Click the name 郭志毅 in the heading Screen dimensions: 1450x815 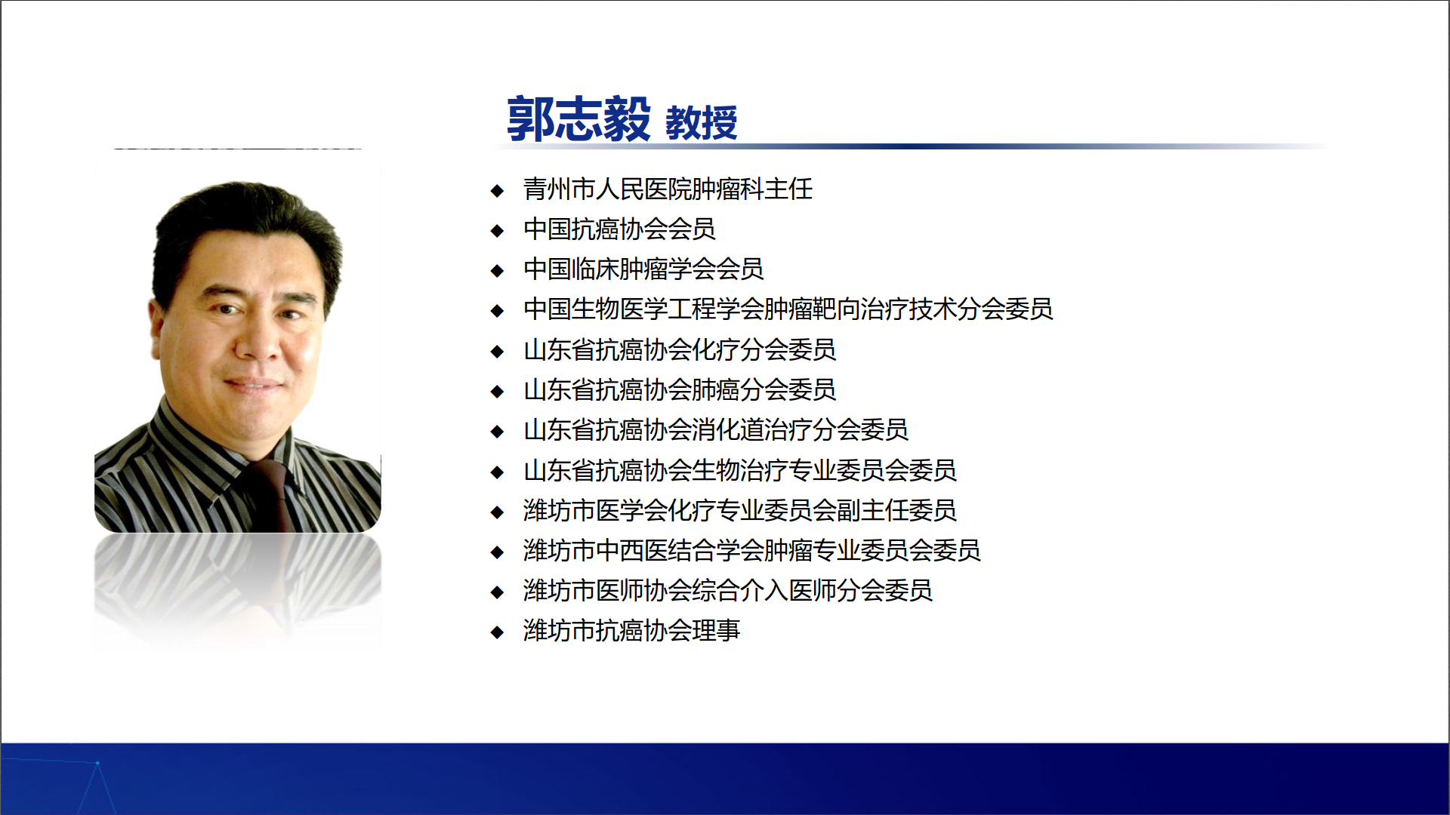click(x=578, y=118)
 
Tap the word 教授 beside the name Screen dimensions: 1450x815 click(x=701, y=123)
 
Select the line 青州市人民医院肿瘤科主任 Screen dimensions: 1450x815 click(x=668, y=189)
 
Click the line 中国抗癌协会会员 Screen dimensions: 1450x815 click(x=619, y=229)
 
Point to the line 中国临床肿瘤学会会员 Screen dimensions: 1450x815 click(x=643, y=269)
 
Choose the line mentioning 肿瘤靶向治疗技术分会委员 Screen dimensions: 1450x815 click(x=788, y=309)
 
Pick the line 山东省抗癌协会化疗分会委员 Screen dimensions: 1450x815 click(x=680, y=349)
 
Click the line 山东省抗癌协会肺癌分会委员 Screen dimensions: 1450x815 click(x=680, y=389)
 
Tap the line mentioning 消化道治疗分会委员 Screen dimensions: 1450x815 click(x=716, y=429)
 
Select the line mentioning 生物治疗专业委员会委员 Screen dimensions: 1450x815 click(x=740, y=470)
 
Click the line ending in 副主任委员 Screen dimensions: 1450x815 click(x=740, y=510)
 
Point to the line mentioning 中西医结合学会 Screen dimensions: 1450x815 click(x=752, y=550)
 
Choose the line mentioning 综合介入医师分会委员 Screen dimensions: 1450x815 click(x=728, y=590)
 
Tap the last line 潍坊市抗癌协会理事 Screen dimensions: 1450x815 click(x=631, y=630)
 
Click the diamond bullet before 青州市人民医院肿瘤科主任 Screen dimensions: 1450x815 click(x=497, y=190)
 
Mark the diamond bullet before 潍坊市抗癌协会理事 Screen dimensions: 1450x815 click(x=497, y=632)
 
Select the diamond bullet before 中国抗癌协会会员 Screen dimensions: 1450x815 click(x=497, y=230)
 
